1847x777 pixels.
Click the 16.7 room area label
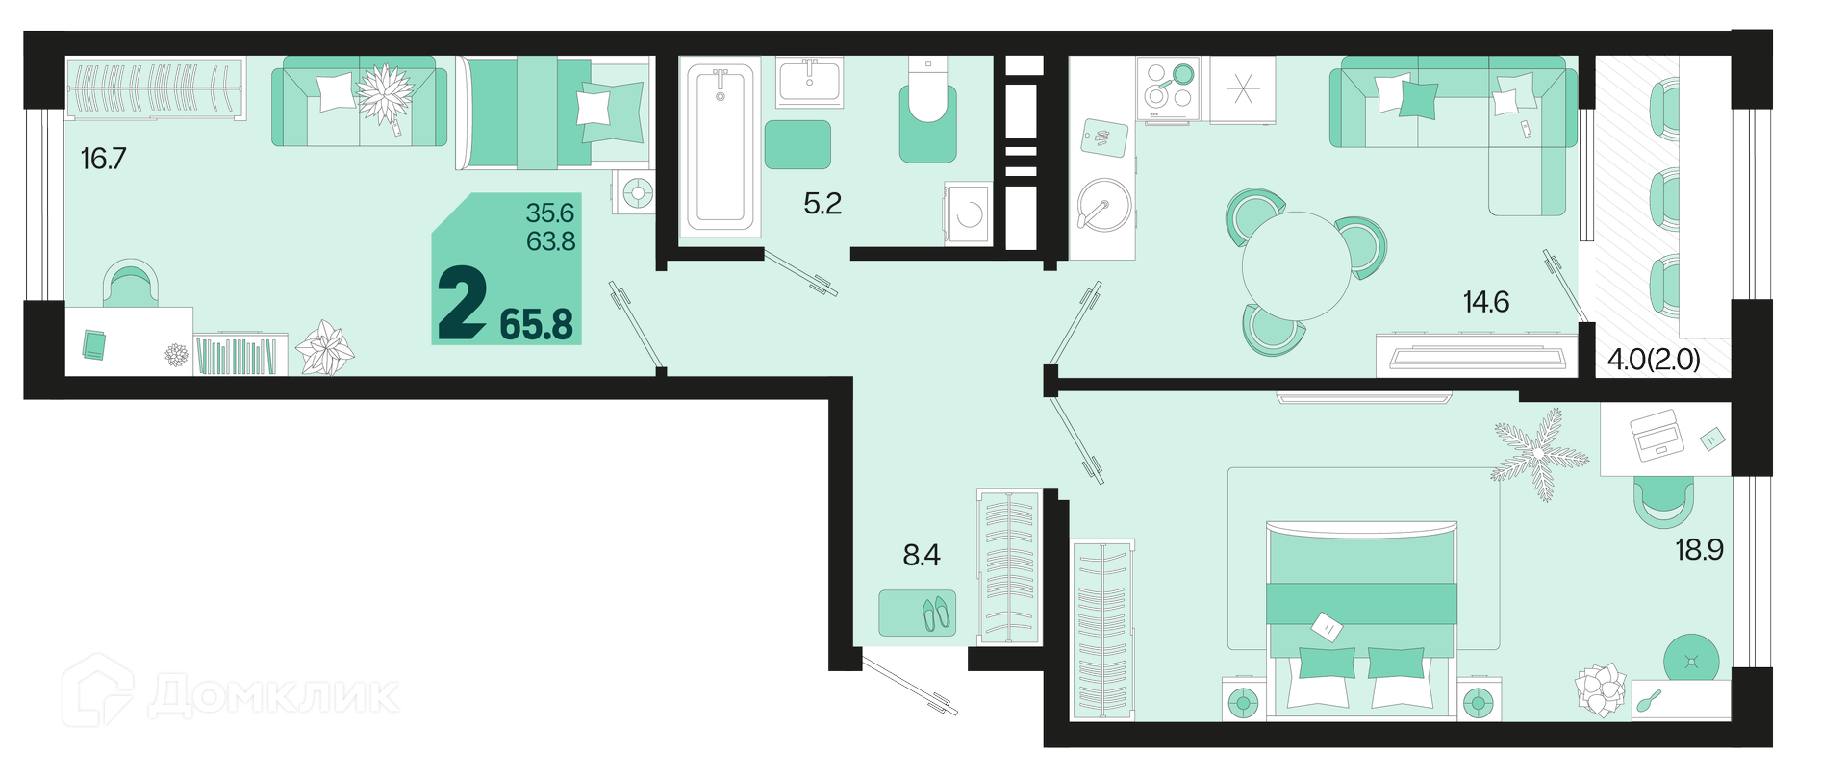tap(104, 159)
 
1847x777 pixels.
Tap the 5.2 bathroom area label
tap(822, 203)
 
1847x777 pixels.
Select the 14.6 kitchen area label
tap(1486, 302)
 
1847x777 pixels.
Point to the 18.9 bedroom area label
tap(1700, 550)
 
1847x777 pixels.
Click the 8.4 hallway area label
tap(922, 555)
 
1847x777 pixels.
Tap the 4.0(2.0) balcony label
tap(1655, 360)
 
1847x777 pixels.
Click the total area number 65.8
tap(537, 325)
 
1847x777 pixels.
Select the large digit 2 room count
tap(462, 304)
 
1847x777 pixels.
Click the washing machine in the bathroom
tap(968, 213)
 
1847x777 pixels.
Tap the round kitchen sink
tap(1102, 204)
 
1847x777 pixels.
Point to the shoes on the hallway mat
tap(935, 614)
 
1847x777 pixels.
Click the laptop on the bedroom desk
tap(1657, 435)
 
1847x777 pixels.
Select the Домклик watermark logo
tap(232, 692)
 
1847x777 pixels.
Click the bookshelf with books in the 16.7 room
tap(240, 355)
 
